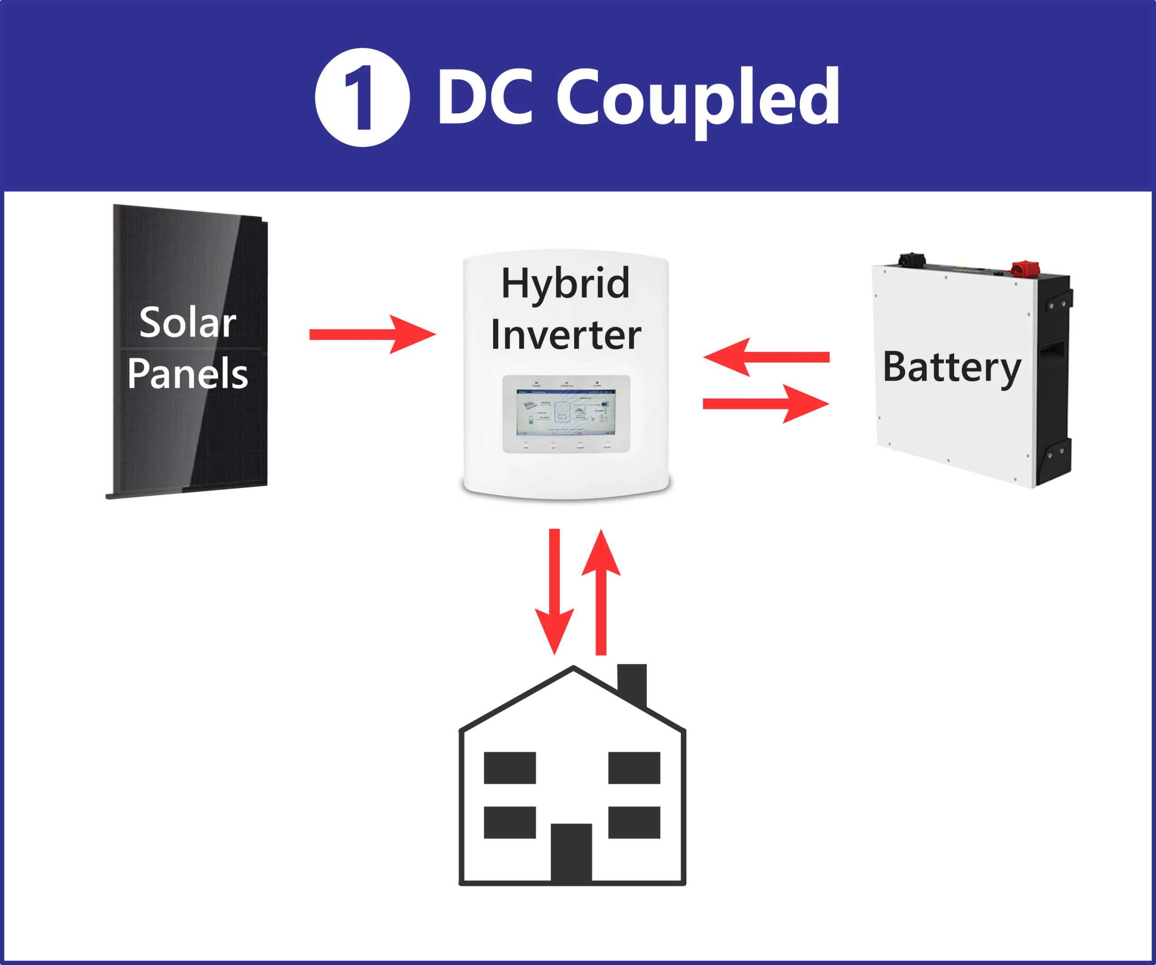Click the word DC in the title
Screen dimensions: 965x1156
[485, 97]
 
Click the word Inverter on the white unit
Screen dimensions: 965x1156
[565, 334]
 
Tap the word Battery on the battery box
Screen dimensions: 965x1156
[951, 367]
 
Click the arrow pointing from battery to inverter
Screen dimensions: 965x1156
[766, 357]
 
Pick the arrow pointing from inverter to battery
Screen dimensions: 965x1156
[766, 404]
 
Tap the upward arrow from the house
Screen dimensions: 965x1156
[601, 591]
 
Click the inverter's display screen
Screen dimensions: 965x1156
[565, 412]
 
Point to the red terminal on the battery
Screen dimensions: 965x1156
[1025, 268]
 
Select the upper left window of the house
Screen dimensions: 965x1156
[509, 769]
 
